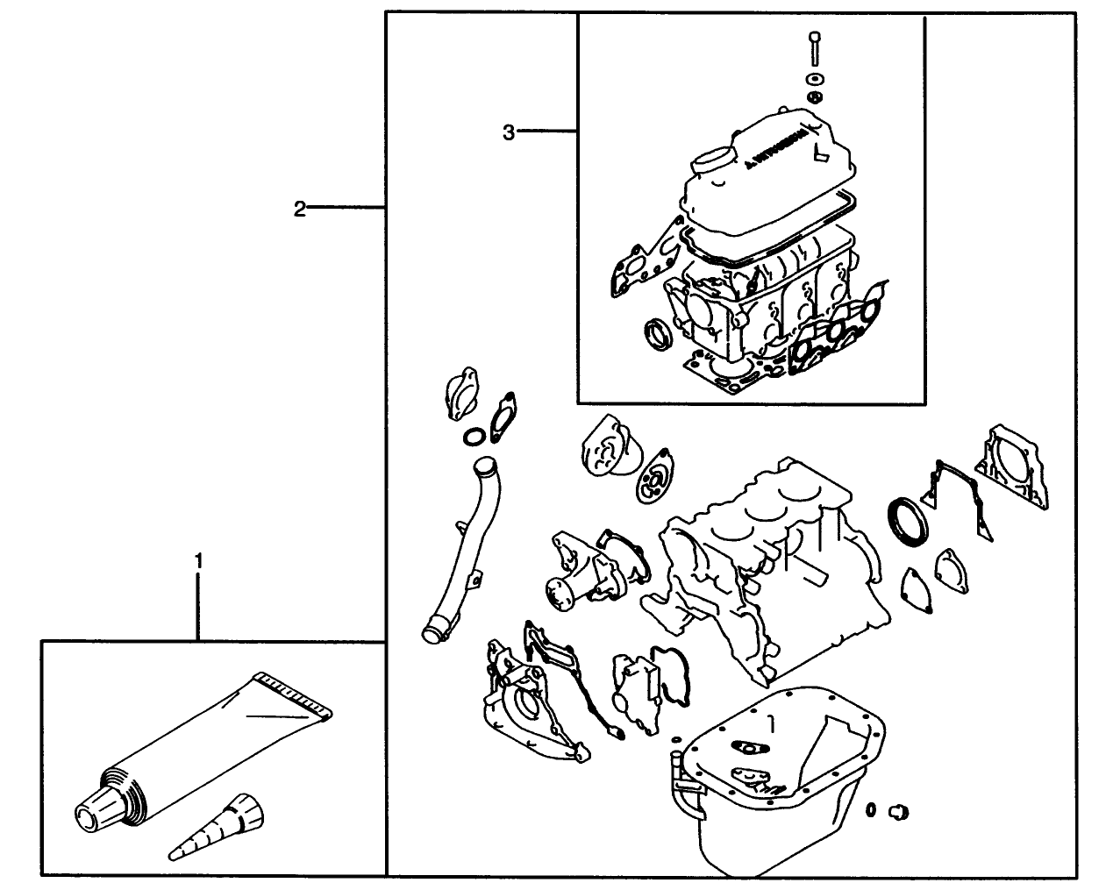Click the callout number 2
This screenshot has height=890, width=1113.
[299, 209]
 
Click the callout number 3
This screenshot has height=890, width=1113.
[509, 132]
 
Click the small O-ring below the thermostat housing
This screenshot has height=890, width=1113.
[474, 437]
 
